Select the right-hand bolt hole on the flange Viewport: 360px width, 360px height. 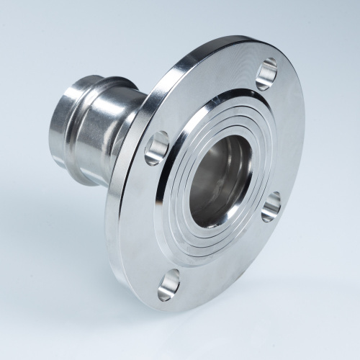pos(271,206)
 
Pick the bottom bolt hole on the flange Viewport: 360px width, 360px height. pos(168,284)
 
